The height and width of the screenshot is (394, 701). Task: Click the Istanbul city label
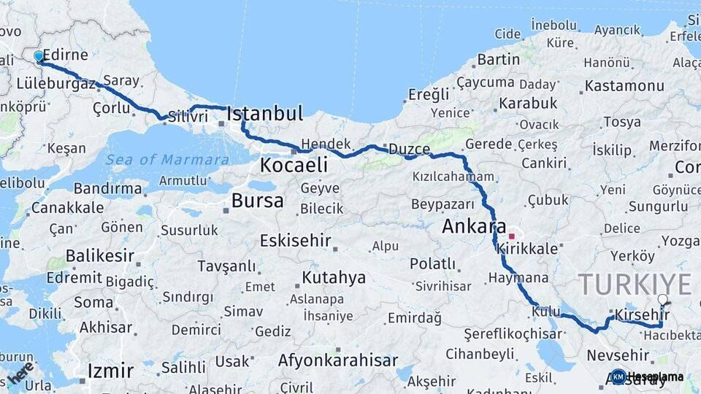click(x=264, y=113)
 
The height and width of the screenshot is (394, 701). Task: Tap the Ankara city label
click(x=474, y=227)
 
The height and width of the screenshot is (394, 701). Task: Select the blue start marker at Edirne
click(x=39, y=56)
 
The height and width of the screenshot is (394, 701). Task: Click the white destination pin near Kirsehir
click(x=662, y=300)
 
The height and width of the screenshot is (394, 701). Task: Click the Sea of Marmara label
click(x=167, y=160)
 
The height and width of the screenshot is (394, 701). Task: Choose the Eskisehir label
click(x=296, y=240)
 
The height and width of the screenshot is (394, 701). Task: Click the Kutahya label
click(x=334, y=277)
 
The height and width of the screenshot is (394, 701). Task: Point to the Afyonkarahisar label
click(x=338, y=360)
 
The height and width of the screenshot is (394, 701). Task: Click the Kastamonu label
click(x=624, y=86)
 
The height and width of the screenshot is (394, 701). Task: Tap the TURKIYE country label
click(x=635, y=284)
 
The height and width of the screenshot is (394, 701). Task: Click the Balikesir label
click(x=100, y=255)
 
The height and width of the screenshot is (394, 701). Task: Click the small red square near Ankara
click(x=512, y=236)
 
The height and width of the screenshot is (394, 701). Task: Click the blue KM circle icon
click(x=618, y=376)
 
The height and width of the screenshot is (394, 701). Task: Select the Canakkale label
click(x=67, y=208)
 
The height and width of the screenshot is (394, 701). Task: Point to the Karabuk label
click(x=528, y=103)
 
